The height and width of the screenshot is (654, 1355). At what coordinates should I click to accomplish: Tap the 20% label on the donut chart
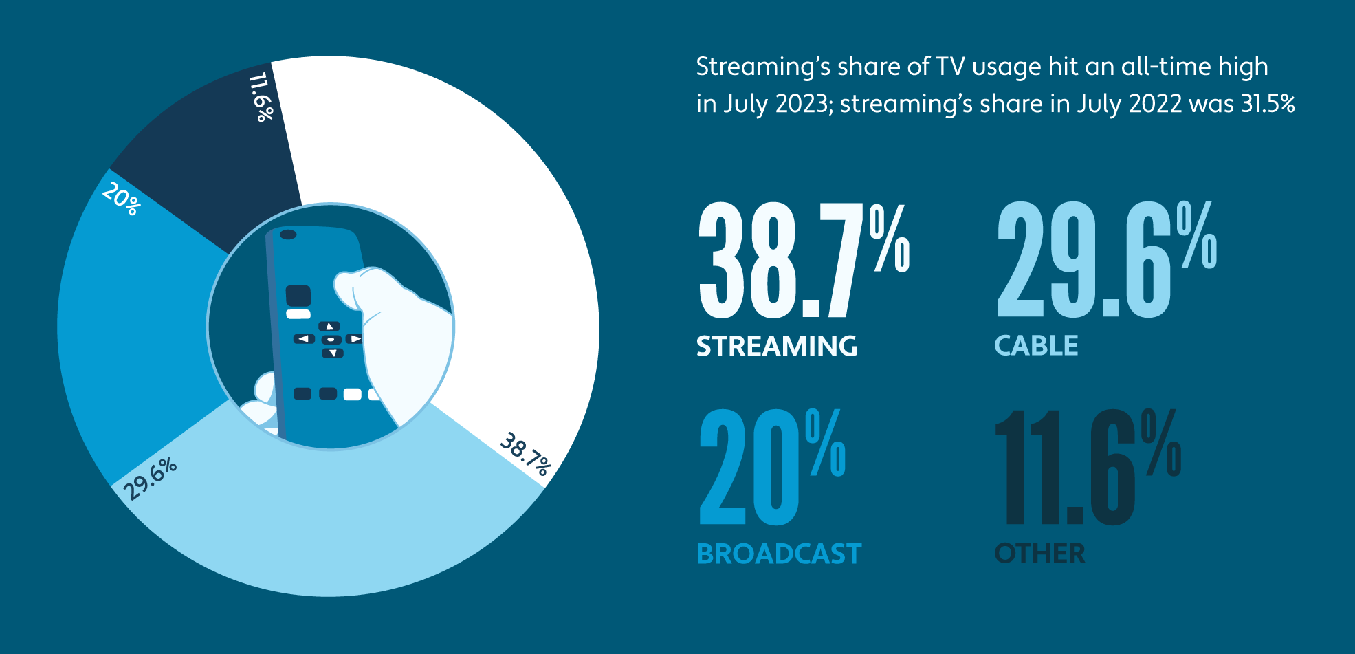pos(122,199)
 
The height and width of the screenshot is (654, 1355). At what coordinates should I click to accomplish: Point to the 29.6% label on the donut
pos(151,479)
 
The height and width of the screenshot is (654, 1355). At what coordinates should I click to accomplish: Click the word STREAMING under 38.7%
pos(777,346)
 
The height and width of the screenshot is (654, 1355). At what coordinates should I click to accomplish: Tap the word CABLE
pos(1036,345)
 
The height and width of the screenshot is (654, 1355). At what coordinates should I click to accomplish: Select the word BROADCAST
pos(779,554)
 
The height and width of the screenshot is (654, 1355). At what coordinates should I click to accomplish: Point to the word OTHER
pos(1039,554)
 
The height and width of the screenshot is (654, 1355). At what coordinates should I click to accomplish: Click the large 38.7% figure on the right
pos(803,261)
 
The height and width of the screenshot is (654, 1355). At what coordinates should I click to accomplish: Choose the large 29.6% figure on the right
pos(1105,261)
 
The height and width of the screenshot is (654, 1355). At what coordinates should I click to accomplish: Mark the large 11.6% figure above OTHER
pos(1086,468)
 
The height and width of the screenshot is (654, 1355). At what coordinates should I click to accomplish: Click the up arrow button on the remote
pos(330,326)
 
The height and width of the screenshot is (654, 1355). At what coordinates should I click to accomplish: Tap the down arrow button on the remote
pos(333,353)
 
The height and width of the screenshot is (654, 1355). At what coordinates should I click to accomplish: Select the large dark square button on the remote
pos(298,296)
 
